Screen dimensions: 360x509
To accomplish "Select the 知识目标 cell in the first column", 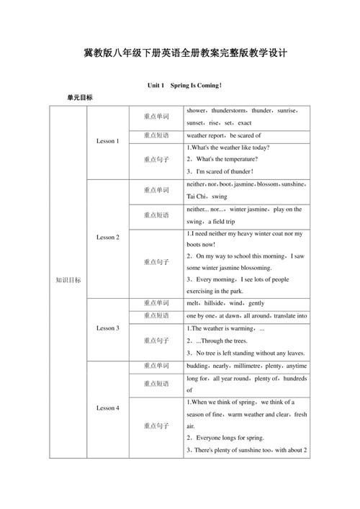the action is pyautogui.click(x=68, y=280).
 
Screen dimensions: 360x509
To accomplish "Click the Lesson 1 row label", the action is pyautogui.click(x=108, y=140).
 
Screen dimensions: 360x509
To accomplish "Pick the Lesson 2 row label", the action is pyautogui.click(x=108, y=237).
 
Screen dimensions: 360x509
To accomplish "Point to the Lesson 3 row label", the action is pyautogui.click(x=108, y=328).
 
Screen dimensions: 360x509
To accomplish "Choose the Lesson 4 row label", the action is pyautogui.click(x=108, y=408).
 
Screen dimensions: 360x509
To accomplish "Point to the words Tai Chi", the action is pyautogui.click(x=196, y=196).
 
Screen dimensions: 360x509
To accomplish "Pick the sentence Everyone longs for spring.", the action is pyautogui.click(x=231, y=437).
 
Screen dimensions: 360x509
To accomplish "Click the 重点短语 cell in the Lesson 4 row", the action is pyautogui.click(x=156, y=384).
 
